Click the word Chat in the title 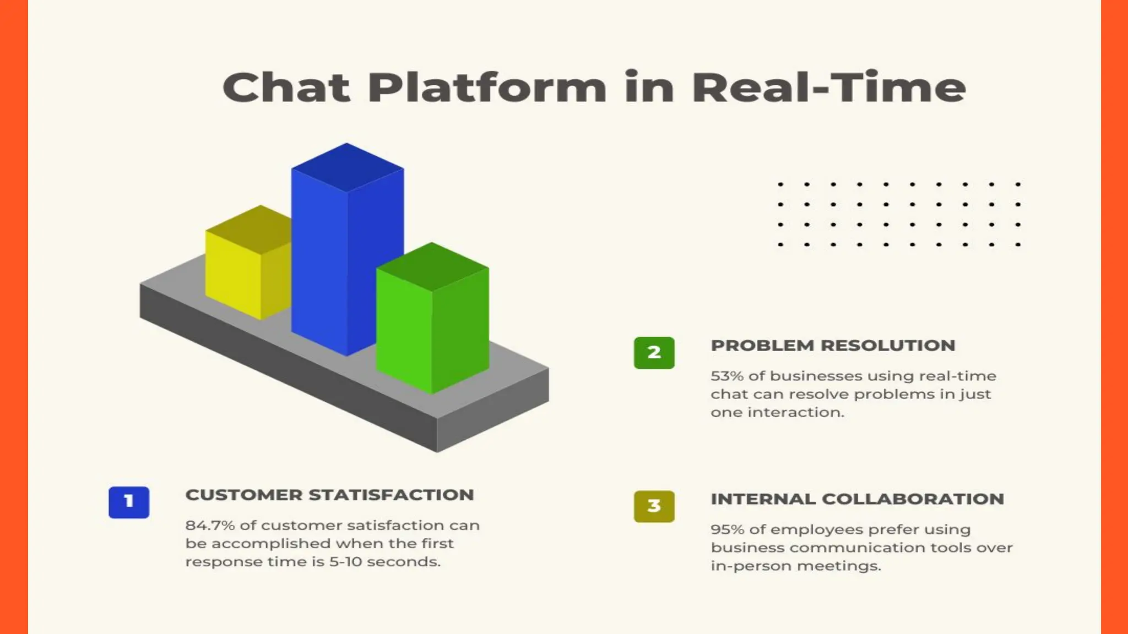point(286,88)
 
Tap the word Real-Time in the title point(828,88)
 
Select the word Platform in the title point(487,88)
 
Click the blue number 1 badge point(129,502)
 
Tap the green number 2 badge point(654,353)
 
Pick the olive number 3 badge point(654,506)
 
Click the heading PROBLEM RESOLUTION point(833,346)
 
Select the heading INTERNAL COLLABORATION point(857,499)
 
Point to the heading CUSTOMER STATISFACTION point(329,495)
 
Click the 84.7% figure point(210,526)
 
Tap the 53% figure point(726,376)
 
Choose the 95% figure point(727,529)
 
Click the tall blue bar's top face point(347,167)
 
